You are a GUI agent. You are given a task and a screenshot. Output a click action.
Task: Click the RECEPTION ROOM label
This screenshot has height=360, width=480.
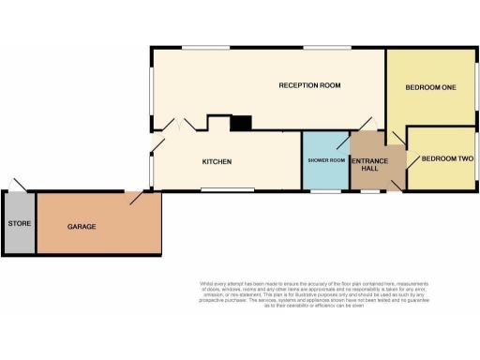[x=308, y=85]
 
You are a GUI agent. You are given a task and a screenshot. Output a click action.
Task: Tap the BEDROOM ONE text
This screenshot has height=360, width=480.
[x=430, y=88]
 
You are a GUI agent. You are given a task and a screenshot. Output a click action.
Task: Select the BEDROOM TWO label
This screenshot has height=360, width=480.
[x=446, y=159]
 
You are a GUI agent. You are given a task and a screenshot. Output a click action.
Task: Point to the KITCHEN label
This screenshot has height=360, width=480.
[x=217, y=162]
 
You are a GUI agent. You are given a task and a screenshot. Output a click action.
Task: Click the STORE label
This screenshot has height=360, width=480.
[x=19, y=224]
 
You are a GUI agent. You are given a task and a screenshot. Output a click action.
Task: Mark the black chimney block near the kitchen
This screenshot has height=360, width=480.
[x=241, y=123]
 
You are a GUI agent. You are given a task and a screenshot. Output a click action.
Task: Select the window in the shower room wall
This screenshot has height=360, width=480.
[x=325, y=191]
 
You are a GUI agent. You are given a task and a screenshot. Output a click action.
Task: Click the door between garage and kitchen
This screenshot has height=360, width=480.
[x=137, y=198]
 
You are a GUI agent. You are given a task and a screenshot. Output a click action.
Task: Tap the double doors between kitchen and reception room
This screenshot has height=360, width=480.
[x=176, y=125]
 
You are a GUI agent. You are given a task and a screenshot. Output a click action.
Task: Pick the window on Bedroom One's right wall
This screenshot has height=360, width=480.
[x=477, y=84]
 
